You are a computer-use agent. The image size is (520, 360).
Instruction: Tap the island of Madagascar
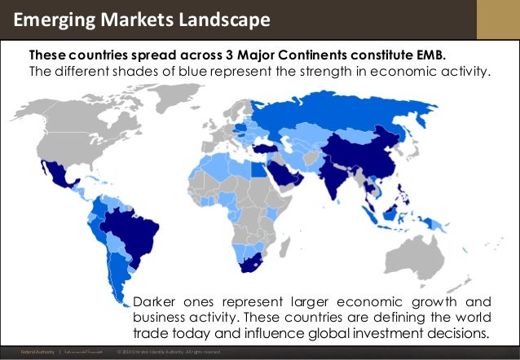(291, 245)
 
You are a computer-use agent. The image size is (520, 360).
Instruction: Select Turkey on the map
(267, 149)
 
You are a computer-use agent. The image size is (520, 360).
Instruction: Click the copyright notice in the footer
(169, 352)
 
